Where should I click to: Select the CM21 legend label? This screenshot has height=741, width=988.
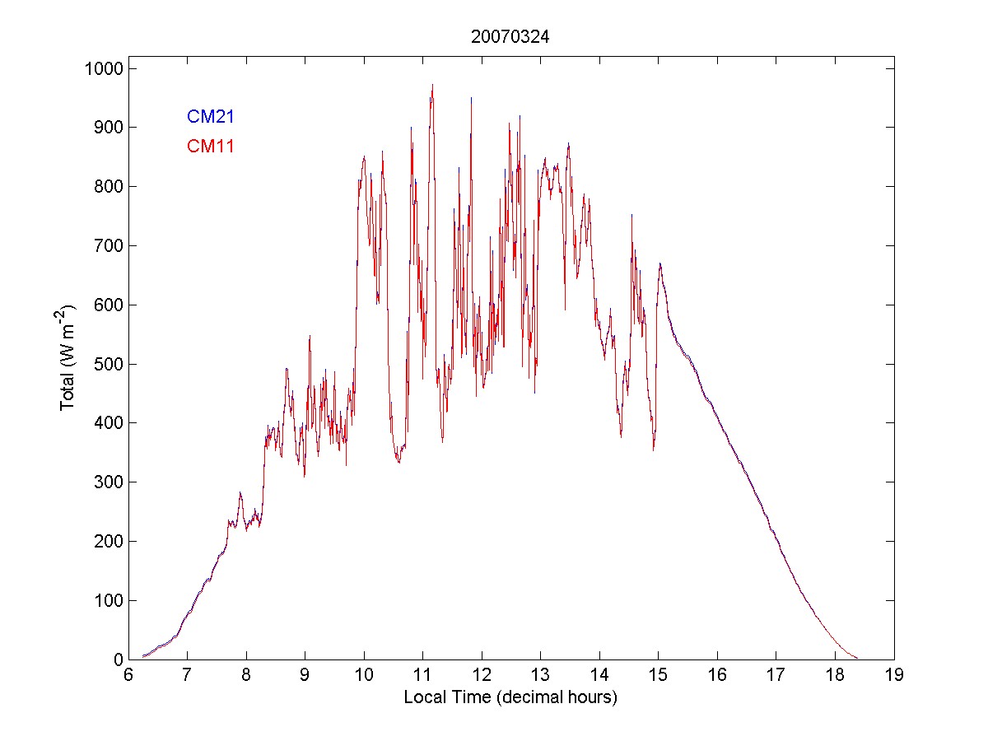click(211, 117)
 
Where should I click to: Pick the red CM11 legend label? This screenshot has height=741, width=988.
click(211, 147)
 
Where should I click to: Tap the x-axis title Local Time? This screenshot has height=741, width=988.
click(510, 697)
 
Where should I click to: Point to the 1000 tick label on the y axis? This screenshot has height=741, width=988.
click(103, 68)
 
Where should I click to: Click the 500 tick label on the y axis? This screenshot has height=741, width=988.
click(107, 364)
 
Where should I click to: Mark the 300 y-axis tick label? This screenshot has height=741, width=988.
click(107, 482)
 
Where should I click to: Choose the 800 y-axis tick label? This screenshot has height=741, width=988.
click(107, 187)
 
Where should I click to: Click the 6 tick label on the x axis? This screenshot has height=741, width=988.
click(128, 674)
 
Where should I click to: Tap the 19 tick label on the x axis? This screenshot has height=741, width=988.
click(894, 674)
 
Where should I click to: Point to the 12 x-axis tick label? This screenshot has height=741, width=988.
click(482, 674)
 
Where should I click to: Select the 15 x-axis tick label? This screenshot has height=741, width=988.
click(659, 674)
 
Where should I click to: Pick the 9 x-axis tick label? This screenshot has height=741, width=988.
click(305, 674)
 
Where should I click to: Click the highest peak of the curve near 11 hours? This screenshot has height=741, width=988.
click(432, 85)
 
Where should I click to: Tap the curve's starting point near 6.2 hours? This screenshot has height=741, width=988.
click(142, 656)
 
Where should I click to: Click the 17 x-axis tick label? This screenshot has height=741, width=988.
click(776, 674)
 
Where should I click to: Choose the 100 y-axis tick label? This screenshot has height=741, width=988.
click(107, 600)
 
